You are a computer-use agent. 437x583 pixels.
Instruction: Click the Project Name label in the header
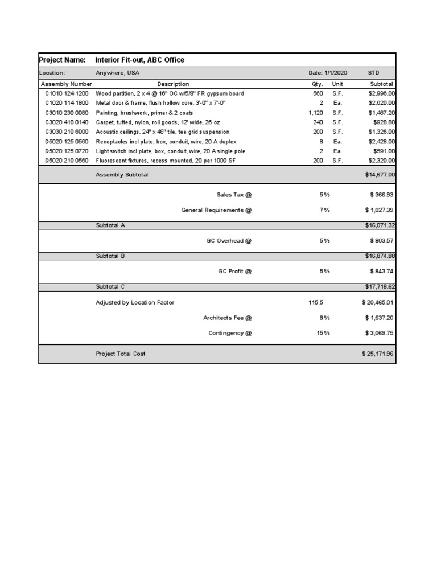(x=62, y=60)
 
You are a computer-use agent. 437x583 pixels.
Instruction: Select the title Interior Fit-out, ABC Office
(x=139, y=60)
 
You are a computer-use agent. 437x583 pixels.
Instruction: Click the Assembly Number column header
(x=66, y=84)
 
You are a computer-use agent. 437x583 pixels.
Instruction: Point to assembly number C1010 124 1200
(x=67, y=93)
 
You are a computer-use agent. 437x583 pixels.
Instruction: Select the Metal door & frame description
(x=162, y=103)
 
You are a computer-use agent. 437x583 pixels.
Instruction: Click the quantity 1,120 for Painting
(x=315, y=113)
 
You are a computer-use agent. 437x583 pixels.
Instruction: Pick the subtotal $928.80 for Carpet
(x=384, y=122)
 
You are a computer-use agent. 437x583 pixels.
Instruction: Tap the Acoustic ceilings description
(x=162, y=132)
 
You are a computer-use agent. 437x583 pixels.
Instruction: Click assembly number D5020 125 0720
(x=67, y=151)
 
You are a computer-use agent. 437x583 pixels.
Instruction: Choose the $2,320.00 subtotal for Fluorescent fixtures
(x=382, y=161)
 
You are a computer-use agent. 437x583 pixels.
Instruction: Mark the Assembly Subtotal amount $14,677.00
(x=380, y=175)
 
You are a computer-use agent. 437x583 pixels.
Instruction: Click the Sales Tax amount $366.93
(x=382, y=195)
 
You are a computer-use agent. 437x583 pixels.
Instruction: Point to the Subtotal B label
(x=110, y=256)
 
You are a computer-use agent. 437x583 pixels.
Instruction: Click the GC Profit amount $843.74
(x=382, y=272)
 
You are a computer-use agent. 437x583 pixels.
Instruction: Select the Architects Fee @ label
(x=227, y=318)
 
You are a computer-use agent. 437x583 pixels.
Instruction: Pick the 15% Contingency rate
(x=323, y=333)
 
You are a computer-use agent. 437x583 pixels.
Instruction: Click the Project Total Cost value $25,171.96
(x=378, y=354)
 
